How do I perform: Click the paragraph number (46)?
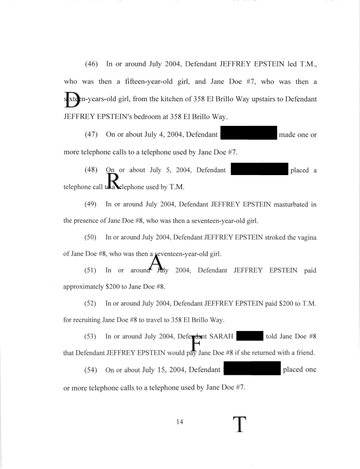92,64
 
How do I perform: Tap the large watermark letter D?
72,100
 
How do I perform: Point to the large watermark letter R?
114,181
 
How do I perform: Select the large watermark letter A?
156,263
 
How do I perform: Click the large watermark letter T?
239,424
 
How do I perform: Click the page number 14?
180,422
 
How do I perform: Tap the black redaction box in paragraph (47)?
249,133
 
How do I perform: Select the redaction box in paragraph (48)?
259,169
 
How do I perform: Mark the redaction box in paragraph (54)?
252,368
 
